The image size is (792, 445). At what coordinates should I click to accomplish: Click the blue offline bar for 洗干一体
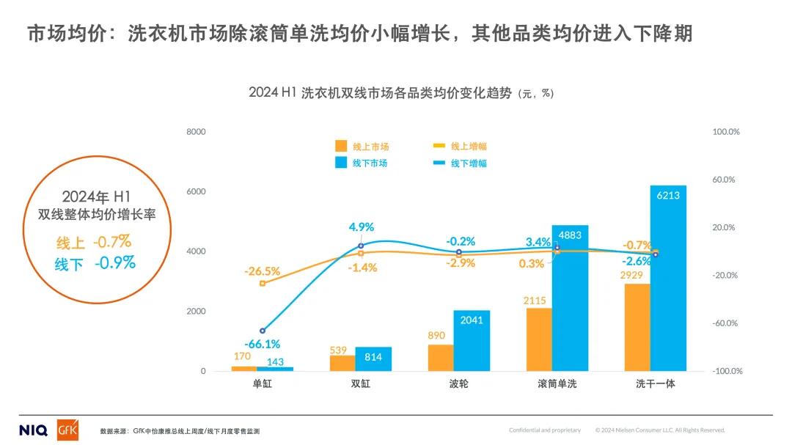[668, 278]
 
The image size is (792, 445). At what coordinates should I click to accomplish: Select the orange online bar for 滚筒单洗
[539, 339]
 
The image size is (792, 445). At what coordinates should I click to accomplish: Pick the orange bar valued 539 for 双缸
[342, 363]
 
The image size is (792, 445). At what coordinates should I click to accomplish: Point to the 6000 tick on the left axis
[197, 192]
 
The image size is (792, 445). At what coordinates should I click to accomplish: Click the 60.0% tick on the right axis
[724, 180]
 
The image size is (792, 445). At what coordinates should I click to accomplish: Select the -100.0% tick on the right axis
[727, 371]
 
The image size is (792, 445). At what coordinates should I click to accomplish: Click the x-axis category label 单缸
[262, 384]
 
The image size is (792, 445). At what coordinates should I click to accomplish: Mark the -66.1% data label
[263, 344]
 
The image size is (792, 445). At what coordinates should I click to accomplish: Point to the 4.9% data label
[362, 227]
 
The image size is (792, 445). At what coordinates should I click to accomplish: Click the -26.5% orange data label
[263, 271]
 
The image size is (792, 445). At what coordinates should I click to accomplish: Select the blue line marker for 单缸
[263, 331]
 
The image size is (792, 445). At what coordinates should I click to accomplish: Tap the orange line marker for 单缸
[263, 283]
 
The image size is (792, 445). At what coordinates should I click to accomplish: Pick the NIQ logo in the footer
[33, 430]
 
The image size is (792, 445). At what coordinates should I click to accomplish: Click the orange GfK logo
[67, 430]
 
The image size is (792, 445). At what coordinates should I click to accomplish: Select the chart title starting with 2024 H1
[401, 93]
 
